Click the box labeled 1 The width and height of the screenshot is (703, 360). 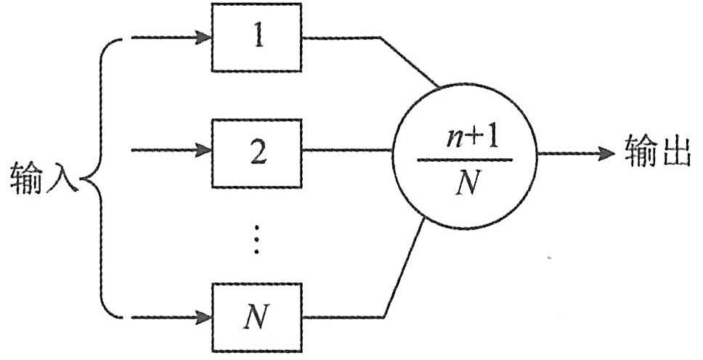click(x=256, y=38)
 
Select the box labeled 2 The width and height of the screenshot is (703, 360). click(x=256, y=152)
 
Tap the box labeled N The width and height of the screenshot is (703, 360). click(x=256, y=317)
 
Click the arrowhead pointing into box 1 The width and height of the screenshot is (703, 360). click(x=204, y=38)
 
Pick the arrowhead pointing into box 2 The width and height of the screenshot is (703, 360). click(x=204, y=152)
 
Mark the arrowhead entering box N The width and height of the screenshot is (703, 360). click(x=204, y=317)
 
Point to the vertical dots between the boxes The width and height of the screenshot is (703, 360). click(x=255, y=239)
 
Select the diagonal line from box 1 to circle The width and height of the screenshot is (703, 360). click(x=410, y=62)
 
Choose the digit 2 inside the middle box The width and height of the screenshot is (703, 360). click(x=256, y=153)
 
